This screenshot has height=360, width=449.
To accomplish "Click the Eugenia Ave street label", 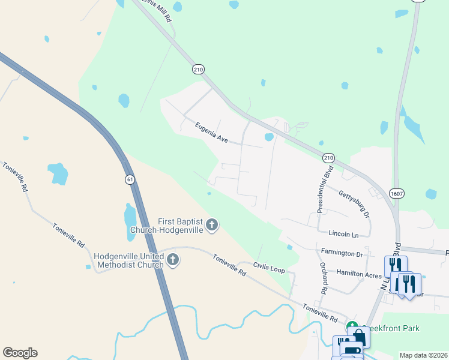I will [211, 132].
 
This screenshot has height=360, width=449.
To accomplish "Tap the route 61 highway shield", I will [130, 179].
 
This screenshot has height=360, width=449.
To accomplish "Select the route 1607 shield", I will [396, 193].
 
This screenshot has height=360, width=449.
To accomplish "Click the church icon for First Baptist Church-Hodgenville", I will [211, 226].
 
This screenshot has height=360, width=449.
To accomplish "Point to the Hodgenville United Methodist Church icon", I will [173, 260].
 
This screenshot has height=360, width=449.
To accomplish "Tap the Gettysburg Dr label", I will [354, 202].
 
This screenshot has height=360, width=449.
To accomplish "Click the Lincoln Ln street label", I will [343, 233].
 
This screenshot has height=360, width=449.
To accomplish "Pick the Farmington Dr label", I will [342, 253].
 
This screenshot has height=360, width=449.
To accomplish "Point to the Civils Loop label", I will [269, 268].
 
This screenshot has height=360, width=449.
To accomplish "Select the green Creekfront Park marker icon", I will [351, 328].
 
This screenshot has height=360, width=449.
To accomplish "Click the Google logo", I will [20, 353].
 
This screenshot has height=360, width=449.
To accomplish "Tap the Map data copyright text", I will [423, 355].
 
